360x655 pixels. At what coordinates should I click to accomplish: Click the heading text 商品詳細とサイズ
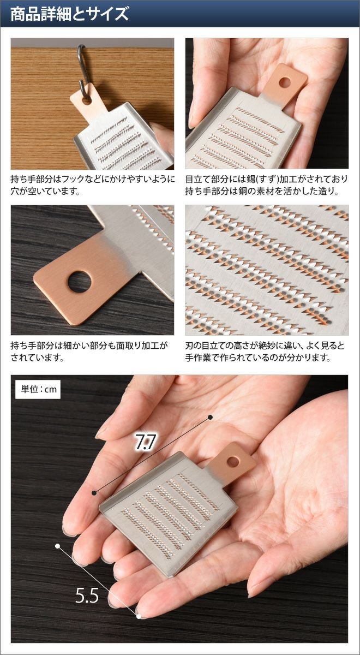(70, 14)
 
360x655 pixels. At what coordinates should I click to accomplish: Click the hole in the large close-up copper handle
(80, 282)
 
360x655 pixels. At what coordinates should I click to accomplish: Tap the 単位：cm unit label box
(38, 390)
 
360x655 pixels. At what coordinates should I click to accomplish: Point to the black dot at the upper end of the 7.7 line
(210, 417)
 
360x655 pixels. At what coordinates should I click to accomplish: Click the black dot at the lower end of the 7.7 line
(94, 493)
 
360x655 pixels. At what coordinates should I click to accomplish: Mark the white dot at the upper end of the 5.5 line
(58, 546)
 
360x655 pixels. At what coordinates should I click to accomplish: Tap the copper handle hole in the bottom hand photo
(233, 462)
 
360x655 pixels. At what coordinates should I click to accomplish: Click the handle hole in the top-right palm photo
(284, 82)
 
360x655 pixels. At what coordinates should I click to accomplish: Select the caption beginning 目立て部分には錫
(267, 185)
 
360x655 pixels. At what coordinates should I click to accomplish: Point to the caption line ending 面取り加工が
(89, 346)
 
